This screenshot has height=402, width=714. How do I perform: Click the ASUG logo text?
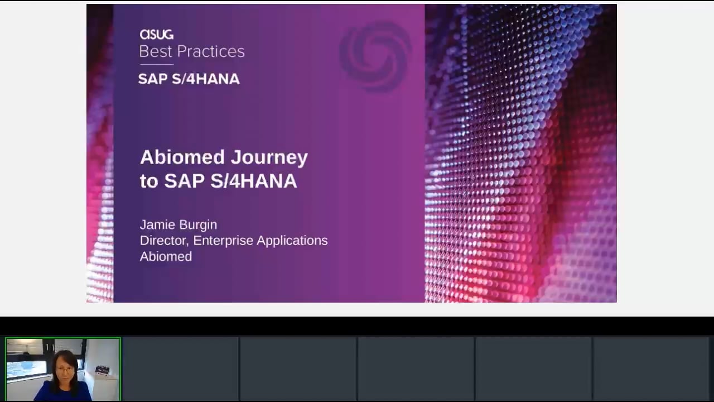coord(157,35)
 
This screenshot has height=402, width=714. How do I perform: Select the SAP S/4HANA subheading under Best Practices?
coord(189,79)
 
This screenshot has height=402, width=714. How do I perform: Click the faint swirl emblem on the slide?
coord(375,56)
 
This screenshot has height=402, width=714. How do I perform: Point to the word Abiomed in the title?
coord(182,157)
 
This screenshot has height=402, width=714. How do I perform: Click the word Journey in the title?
coord(269,158)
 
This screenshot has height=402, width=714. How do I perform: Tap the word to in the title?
coord(149,181)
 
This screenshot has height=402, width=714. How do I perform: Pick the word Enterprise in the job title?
coord(223,241)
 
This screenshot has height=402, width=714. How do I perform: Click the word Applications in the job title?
coord(292,241)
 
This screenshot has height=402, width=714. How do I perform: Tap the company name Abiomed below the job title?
coord(166,256)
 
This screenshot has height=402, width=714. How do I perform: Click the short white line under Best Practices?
coord(157,64)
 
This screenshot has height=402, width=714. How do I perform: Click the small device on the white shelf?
coord(102,370)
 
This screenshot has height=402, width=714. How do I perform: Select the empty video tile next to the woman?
coord(180,369)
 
